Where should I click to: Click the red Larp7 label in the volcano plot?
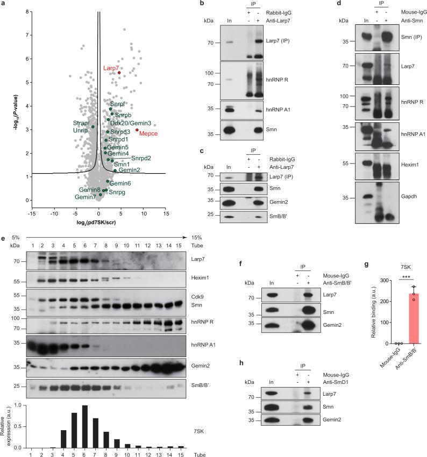coord(111,68)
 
